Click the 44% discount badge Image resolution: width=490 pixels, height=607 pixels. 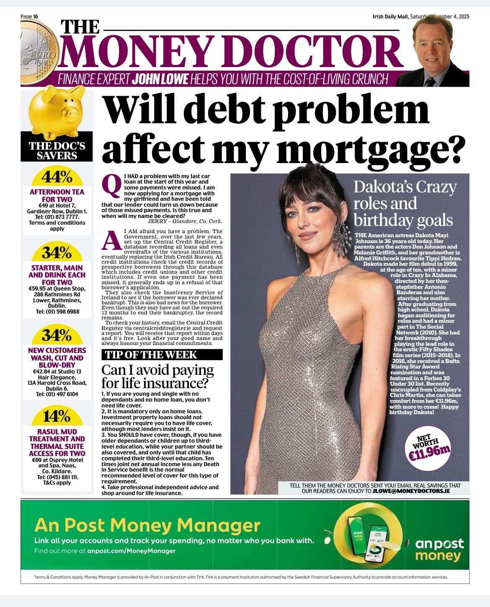point(57,177)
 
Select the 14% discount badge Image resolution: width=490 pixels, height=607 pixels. point(57,416)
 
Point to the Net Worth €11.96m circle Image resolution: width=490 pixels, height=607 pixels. point(428,448)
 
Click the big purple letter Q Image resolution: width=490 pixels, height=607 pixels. point(111,186)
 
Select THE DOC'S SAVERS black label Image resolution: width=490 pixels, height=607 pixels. point(57,151)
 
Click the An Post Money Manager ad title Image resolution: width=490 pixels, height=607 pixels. point(147,525)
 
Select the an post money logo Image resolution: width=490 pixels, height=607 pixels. point(439,549)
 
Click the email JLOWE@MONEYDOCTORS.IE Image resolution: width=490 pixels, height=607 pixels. point(411,490)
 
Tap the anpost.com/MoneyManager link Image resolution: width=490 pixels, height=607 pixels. point(131,551)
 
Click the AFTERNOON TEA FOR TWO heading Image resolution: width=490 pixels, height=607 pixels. point(57,195)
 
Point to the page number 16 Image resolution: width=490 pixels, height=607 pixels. point(36,16)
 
